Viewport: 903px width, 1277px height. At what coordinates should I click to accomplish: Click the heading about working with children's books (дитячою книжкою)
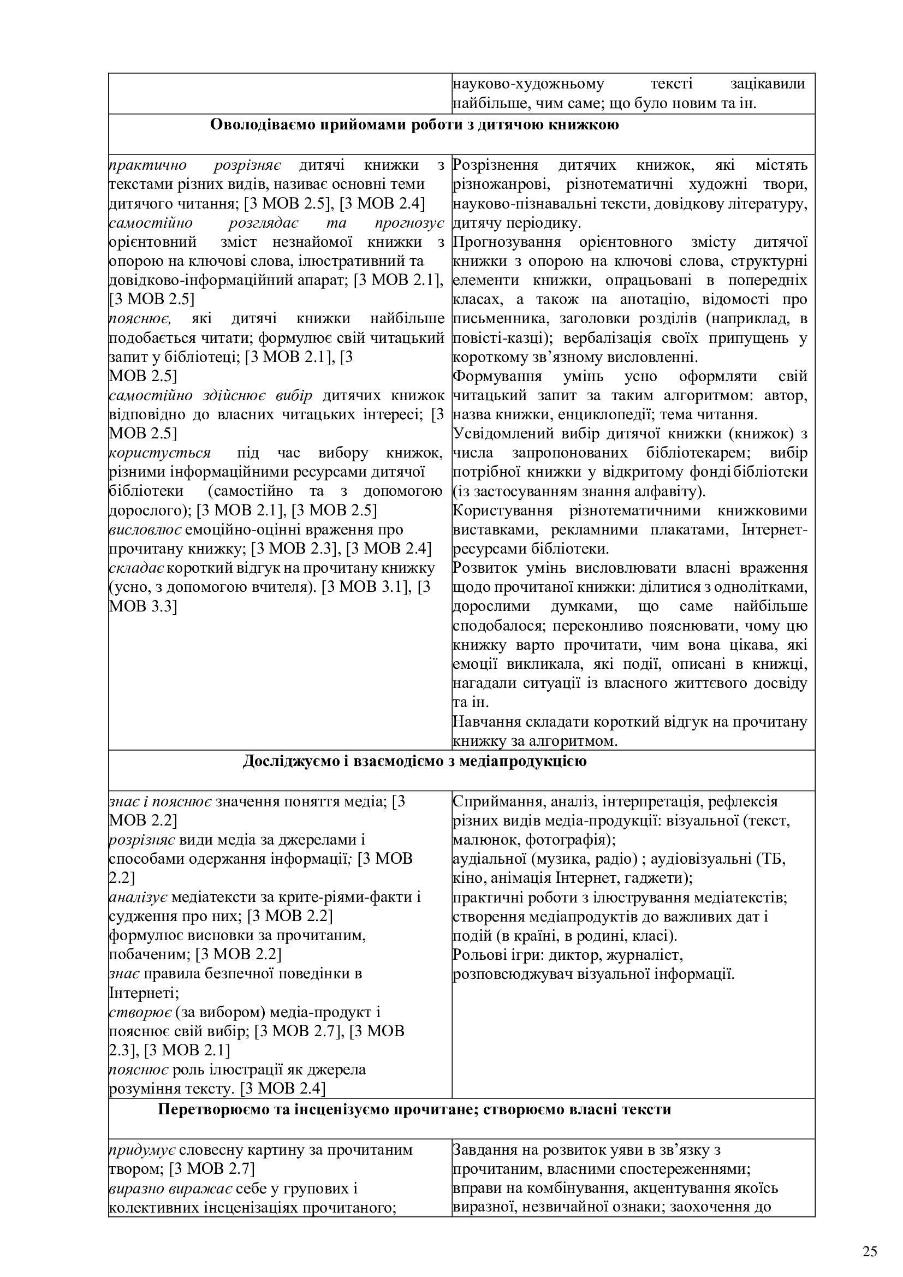tap(414, 124)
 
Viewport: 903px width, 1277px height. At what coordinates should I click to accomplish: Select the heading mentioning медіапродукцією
tap(414, 761)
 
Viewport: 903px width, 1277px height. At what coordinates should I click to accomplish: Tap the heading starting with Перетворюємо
tap(414, 1109)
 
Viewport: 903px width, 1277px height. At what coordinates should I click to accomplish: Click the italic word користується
tap(159, 453)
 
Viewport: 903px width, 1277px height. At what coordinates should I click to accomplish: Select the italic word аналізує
tap(139, 897)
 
